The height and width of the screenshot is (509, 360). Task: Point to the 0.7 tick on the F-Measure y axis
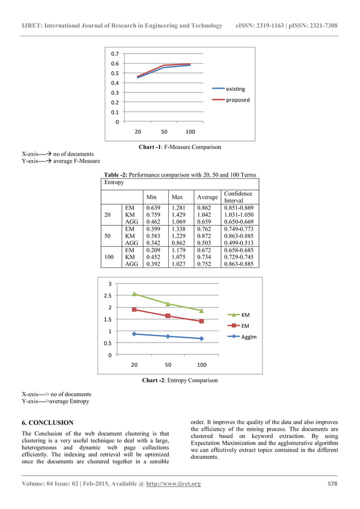click(115, 54)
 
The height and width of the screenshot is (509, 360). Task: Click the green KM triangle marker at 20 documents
click(134, 293)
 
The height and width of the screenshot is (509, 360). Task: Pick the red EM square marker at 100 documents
click(201, 321)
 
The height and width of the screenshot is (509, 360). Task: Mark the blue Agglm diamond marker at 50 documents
click(168, 336)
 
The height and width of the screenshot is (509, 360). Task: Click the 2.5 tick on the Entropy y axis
click(108, 296)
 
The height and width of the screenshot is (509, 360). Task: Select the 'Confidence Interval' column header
click(238, 197)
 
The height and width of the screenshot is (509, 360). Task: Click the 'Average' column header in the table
click(207, 198)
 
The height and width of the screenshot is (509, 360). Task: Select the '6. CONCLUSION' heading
click(47, 422)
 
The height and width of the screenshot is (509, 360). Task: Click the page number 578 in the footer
click(333, 484)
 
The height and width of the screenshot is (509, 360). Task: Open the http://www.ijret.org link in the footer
click(173, 484)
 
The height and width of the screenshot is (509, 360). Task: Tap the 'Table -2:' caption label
click(115, 175)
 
